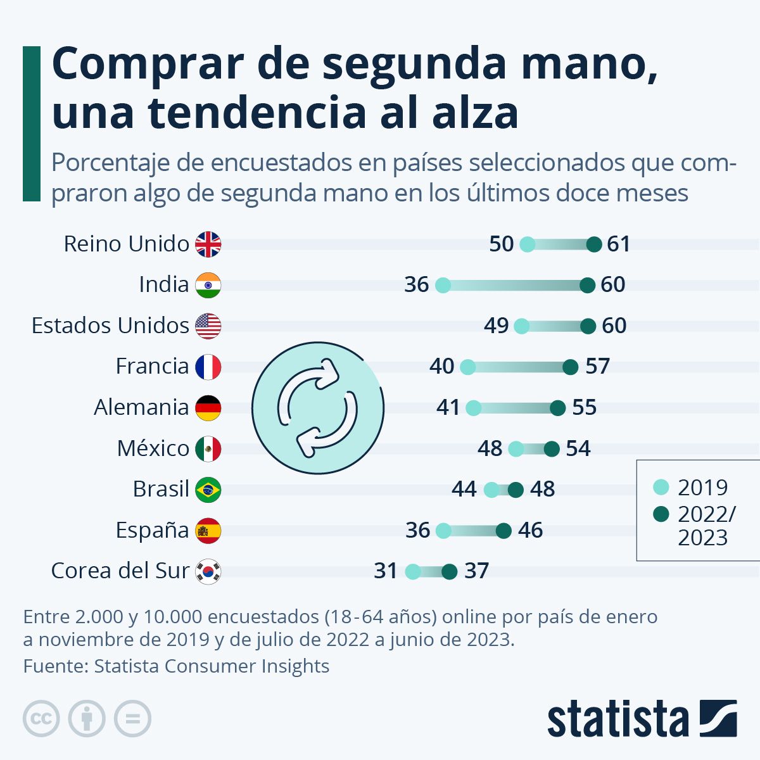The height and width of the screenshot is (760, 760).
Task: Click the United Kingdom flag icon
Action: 208,244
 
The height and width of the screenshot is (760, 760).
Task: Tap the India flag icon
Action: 208,285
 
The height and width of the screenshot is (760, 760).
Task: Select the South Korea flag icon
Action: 208,571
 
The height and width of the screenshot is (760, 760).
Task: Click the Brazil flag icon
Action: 208,490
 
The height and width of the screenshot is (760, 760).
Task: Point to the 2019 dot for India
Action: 443,285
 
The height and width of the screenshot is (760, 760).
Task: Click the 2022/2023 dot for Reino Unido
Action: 594,244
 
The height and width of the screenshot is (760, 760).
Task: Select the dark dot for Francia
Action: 571,367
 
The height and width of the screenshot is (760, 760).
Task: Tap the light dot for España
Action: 444,531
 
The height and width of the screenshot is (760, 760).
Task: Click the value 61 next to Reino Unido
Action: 619,244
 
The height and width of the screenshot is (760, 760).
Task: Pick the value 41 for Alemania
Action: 448,407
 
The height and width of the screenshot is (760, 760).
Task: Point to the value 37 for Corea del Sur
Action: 476,571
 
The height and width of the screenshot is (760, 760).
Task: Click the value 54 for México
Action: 578,448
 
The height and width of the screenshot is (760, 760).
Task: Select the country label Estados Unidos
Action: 110,326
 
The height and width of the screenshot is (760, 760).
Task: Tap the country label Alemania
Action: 141,407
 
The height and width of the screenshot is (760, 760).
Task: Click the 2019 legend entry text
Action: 703,487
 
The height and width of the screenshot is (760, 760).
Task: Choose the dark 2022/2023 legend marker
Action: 661,514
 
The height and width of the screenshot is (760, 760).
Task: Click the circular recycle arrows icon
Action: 318,407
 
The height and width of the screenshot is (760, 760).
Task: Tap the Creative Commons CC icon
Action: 41,719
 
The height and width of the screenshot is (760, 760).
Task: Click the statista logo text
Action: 617,719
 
